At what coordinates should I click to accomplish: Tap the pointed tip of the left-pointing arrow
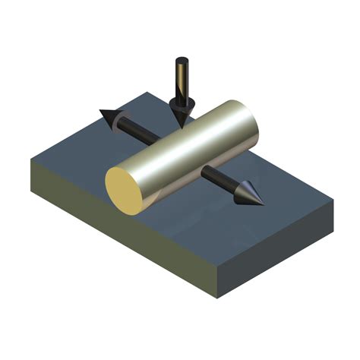[x=99, y=113]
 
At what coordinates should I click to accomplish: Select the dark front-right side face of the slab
[x=281, y=251]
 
